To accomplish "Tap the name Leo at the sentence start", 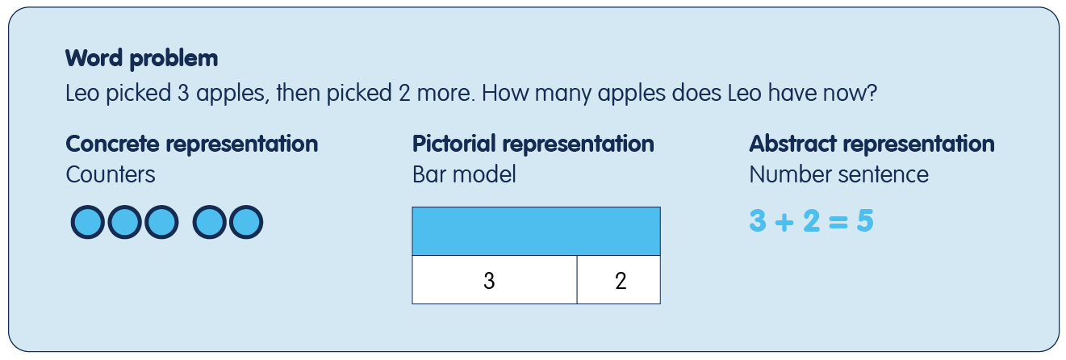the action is click(82, 93).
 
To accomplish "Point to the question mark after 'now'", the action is click(872, 93).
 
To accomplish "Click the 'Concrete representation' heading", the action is click(192, 144).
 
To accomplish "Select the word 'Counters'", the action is click(111, 175).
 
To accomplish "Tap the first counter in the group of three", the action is click(88, 222).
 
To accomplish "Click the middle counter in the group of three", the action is click(125, 222).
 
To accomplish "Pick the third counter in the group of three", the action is click(162, 222).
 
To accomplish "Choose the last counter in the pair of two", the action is click(246, 222).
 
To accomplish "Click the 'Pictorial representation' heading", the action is click(533, 144).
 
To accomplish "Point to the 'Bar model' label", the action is click(464, 175).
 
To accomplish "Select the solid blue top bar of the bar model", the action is click(537, 232).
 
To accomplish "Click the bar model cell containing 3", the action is click(495, 280).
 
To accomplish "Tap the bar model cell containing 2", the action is click(619, 280).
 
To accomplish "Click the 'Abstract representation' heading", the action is click(872, 144).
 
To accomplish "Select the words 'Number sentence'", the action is click(839, 175).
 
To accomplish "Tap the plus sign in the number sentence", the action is click(784, 222).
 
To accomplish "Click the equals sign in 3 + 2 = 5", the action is click(838, 222).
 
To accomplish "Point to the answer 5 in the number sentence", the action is click(865, 221).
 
